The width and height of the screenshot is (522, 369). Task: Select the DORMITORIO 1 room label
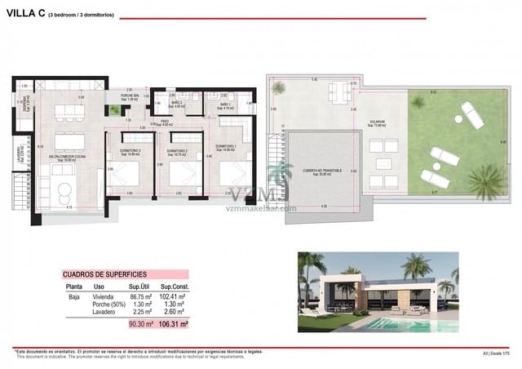click(x=226, y=148)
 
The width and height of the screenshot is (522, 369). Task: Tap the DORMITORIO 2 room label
click(x=178, y=151)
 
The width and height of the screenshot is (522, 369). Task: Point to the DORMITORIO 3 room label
click(x=130, y=151)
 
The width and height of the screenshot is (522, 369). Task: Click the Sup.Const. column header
click(x=175, y=287)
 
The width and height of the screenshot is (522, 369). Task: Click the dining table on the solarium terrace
click(x=337, y=90)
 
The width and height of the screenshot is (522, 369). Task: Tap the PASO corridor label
click(x=164, y=122)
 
